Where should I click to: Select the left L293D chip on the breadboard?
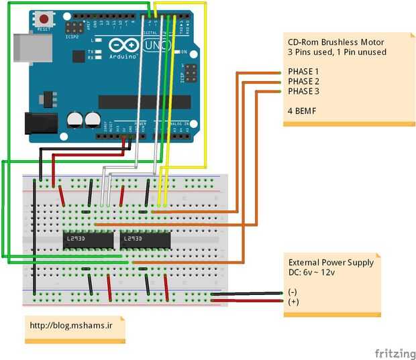pyautogui.click(x=89, y=239)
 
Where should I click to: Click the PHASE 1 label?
pyautogui.click(x=303, y=71)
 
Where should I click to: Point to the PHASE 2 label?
pyautogui.click(x=303, y=81)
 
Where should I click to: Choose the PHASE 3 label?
pyautogui.click(x=303, y=91)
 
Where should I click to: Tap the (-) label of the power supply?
pyautogui.click(x=292, y=292)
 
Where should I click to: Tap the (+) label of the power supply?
pyautogui.click(x=292, y=302)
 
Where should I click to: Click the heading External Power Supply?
pyautogui.click(x=331, y=263)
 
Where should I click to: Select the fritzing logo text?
pyautogui.click(x=395, y=353)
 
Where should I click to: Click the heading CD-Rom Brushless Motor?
pyautogui.click(x=336, y=42)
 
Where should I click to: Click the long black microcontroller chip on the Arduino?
pyautogui.click(x=144, y=101)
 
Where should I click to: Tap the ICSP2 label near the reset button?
pyautogui.click(x=72, y=37)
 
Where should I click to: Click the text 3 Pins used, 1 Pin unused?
pyautogui.click(x=337, y=52)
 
